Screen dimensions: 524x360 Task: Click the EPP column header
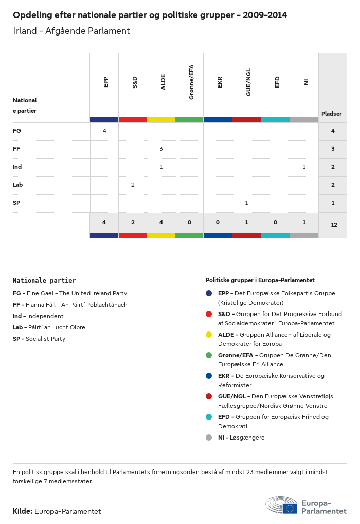(106, 82)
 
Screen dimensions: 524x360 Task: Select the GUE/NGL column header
(248, 85)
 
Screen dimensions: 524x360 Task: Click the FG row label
(17, 131)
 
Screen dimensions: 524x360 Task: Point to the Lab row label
(18, 185)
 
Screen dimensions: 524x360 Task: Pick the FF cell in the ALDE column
(161, 149)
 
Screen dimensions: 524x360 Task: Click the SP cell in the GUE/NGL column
(246, 203)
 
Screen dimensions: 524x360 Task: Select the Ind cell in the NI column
(304, 167)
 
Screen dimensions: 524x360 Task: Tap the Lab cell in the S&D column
(133, 185)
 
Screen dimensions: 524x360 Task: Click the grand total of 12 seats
(334, 225)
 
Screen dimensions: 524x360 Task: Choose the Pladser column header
(332, 114)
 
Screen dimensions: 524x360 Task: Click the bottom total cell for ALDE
(161, 222)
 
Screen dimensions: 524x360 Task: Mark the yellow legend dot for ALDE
(209, 335)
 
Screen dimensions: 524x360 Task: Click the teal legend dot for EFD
(209, 417)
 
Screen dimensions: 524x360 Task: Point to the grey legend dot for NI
(209, 438)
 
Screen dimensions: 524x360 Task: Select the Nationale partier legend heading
(44, 281)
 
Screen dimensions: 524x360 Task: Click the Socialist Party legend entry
(39, 339)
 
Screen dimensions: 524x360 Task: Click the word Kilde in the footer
(23, 511)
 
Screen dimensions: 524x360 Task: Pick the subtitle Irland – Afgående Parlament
(72, 31)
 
